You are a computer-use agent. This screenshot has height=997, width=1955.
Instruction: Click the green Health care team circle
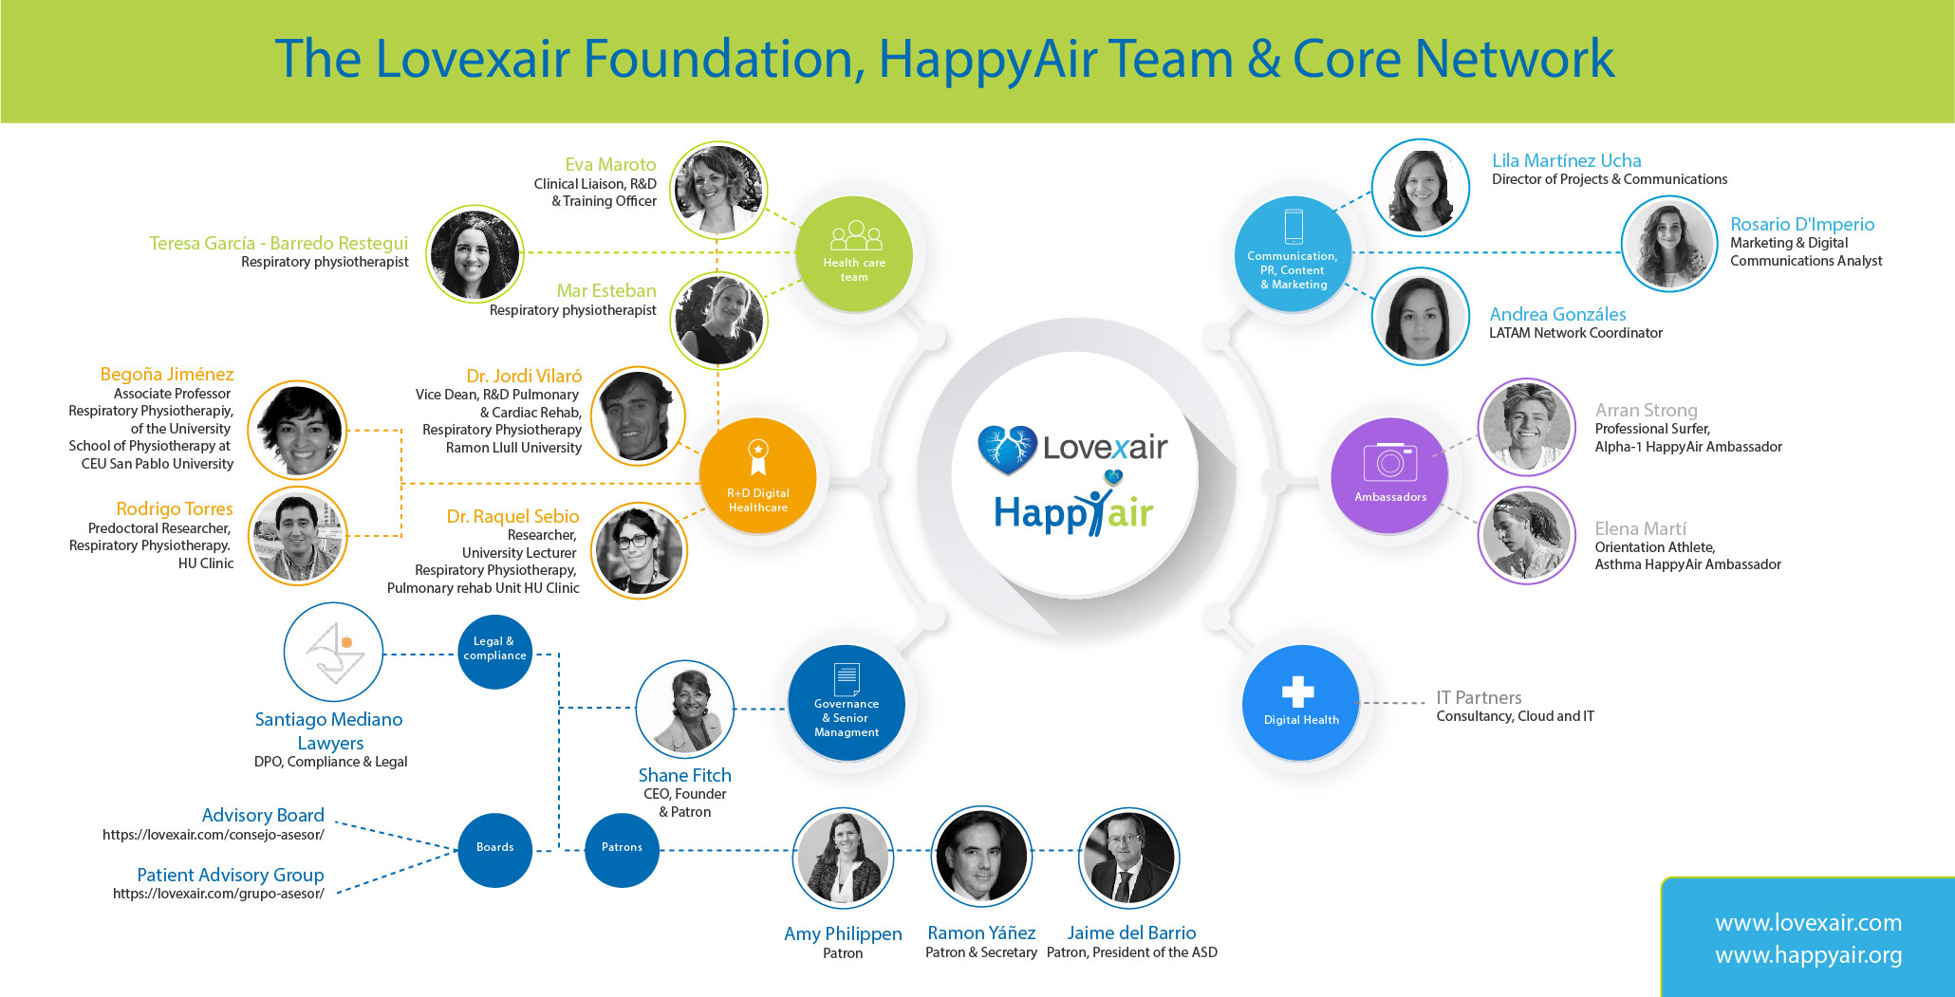click(854, 253)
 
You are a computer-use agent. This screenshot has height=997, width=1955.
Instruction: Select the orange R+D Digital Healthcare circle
click(757, 476)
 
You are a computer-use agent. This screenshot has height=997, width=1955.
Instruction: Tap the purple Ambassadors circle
click(1390, 475)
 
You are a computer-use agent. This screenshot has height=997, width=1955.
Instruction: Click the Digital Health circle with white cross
click(1300, 703)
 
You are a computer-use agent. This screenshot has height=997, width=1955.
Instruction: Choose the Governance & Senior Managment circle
click(847, 704)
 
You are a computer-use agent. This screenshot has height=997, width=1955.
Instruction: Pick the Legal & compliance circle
click(494, 652)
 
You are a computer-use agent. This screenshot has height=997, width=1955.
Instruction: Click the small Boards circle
click(494, 850)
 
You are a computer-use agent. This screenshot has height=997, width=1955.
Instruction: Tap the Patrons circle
click(622, 850)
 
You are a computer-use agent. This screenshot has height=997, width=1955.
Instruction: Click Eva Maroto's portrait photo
click(718, 190)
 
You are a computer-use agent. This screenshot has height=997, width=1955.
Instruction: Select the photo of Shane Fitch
click(684, 710)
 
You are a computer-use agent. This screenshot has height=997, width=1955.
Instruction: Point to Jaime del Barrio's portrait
click(1129, 858)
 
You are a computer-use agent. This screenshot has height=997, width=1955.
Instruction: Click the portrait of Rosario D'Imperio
click(1669, 244)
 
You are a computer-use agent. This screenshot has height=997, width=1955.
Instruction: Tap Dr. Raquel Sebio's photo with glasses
click(639, 551)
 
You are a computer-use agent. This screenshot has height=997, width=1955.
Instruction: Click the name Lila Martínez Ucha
click(1567, 160)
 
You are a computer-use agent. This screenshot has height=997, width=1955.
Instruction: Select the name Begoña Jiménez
click(167, 374)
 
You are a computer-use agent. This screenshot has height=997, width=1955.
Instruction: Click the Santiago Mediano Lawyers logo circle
click(333, 653)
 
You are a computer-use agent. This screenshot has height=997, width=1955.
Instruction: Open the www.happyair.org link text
click(1808, 955)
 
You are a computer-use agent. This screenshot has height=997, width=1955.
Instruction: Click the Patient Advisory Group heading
click(231, 875)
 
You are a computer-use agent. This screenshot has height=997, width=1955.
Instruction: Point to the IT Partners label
click(1479, 697)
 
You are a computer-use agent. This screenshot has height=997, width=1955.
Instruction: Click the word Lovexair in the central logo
click(1106, 447)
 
